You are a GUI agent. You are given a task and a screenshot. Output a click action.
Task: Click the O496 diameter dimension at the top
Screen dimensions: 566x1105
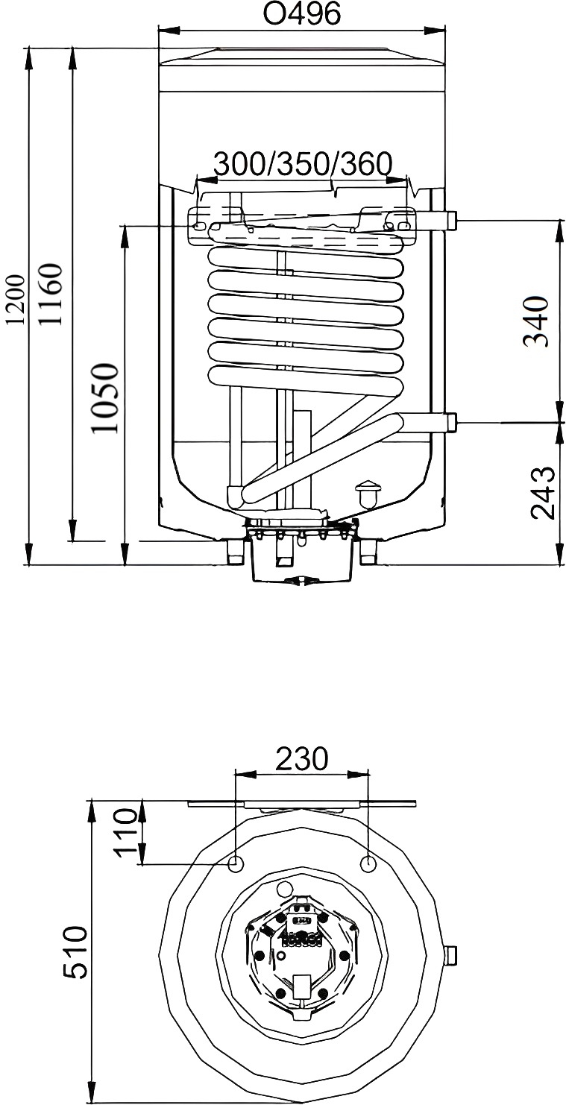302,13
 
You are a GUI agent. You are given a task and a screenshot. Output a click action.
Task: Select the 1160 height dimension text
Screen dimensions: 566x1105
51,294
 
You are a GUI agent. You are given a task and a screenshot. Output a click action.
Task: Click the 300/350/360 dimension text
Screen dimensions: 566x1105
303,164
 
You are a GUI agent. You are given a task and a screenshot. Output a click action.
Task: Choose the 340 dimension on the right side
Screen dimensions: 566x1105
536,321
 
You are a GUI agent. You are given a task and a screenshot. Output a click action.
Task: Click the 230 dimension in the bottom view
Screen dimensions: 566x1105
301,758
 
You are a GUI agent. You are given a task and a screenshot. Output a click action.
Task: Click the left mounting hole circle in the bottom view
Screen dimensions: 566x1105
236,863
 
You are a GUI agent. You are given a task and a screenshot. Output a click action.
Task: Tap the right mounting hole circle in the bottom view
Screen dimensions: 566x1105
368,863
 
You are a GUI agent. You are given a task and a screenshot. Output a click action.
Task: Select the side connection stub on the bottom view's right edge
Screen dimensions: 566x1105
450,954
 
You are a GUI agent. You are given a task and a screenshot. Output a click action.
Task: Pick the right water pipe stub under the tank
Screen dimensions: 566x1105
368,552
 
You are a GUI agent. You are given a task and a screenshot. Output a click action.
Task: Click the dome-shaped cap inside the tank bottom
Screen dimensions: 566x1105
368,494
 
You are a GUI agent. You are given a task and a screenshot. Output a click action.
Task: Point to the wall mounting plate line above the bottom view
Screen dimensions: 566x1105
301,804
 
